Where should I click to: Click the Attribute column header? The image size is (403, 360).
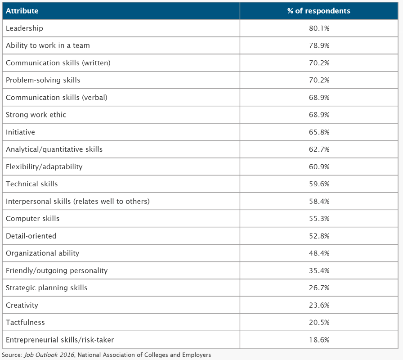pyautogui.click(x=22, y=11)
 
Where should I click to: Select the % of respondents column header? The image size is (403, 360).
pyautogui.click(x=319, y=11)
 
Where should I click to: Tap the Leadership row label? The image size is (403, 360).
pyautogui.click(x=24, y=28)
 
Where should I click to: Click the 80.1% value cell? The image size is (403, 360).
pyautogui.click(x=319, y=28)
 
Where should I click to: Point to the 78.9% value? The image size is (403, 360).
pyautogui.click(x=319, y=45)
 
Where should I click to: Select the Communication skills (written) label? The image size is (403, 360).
pyautogui.click(x=58, y=63)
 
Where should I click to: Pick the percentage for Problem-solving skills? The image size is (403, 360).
pyautogui.click(x=319, y=80)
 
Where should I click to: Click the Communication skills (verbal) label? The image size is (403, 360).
pyautogui.click(x=57, y=98)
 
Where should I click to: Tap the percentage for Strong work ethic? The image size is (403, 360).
pyautogui.click(x=319, y=115)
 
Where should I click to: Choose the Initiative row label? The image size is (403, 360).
pyautogui.click(x=20, y=132)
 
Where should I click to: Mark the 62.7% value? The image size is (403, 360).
pyautogui.click(x=319, y=149)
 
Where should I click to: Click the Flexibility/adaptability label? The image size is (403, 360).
pyautogui.click(x=44, y=166)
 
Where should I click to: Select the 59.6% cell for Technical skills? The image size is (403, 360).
pyautogui.click(x=319, y=184)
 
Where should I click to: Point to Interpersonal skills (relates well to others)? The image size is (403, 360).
pyautogui.click(x=78, y=201)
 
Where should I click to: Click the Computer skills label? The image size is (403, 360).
pyautogui.click(x=33, y=219)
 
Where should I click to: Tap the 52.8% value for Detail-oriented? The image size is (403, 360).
pyautogui.click(x=319, y=236)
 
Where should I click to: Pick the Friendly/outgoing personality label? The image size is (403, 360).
pyautogui.click(x=57, y=270)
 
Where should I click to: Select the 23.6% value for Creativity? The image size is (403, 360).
pyautogui.click(x=319, y=305)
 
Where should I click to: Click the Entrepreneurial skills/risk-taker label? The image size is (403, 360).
pyautogui.click(x=60, y=340)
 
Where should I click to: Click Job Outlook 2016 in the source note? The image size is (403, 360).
pyautogui.click(x=49, y=355)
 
